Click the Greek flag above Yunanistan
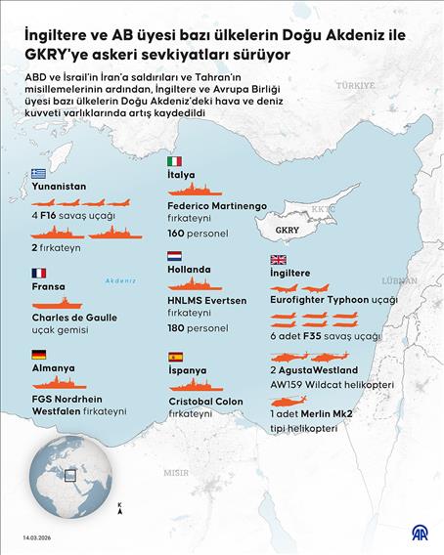pyautogui.click(x=38, y=173)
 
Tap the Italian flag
pyautogui.click(x=174, y=161)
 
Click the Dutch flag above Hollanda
pyautogui.click(x=174, y=256)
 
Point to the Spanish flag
pyautogui.click(x=174, y=358)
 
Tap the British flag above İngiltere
pyautogui.click(x=277, y=260)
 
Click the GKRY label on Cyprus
pyautogui.click(x=288, y=231)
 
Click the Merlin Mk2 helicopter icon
pyautogui.click(x=292, y=401)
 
